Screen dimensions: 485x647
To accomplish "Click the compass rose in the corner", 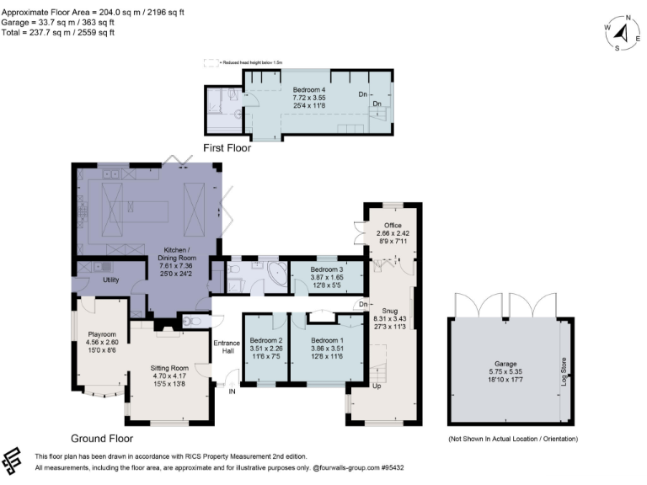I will pos(623,33).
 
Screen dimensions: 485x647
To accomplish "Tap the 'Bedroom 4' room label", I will pos(308,89).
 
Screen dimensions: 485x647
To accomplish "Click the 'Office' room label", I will pos(392,226).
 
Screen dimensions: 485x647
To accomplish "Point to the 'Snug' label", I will pos(388,309).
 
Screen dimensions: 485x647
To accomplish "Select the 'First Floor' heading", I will pos(227,147).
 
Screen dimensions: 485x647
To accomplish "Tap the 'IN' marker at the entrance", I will pos(233,391).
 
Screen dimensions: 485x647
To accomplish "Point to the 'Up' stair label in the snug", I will pos(378,386).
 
